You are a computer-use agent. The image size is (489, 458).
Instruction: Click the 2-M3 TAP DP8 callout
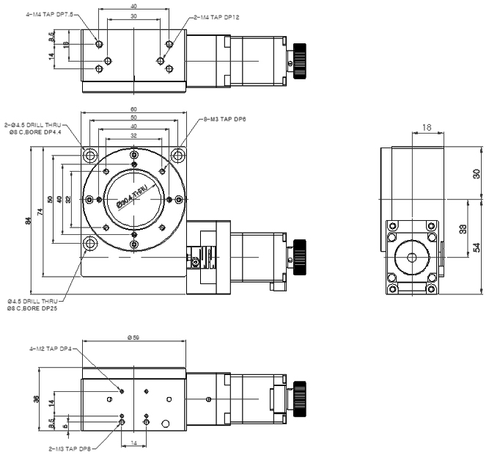pyautogui.click(x=70, y=448)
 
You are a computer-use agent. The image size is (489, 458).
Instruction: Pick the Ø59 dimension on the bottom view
pyautogui.click(x=133, y=338)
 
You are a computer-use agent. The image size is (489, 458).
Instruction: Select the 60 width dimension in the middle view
pyautogui.click(x=133, y=109)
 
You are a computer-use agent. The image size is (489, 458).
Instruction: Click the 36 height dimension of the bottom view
pyautogui.click(x=36, y=399)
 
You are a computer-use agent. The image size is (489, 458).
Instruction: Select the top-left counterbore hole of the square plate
pyautogui.click(x=90, y=156)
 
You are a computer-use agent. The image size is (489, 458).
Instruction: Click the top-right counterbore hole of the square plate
pyautogui.click(x=177, y=156)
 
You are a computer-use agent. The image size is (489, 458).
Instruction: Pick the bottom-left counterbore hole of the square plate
pyautogui.click(x=90, y=244)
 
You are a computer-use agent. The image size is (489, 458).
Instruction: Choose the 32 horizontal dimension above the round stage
pyautogui.click(x=133, y=136)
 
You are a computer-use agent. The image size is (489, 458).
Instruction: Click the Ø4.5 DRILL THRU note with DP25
pyautogui.click(x=33, y=305)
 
